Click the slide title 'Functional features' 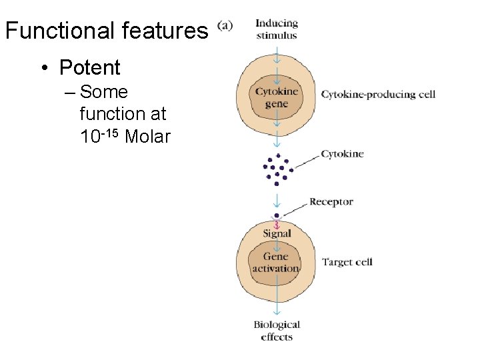pos(106,31)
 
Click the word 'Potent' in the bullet pos(89,67)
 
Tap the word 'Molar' pos(148,137)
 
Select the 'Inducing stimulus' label pos(276,29)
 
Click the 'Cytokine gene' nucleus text pos(276,97)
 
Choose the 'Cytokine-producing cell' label pos(378,94)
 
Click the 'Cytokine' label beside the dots pos(342,154)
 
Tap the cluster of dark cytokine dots pos(277,169)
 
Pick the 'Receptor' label pos(331,201)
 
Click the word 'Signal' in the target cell pos(277,233)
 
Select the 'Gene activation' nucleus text pos(275,262)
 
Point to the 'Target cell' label pos(347,262)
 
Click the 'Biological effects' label pos(277,331)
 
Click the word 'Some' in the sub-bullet pos(103,91)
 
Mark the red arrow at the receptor pos(277,224)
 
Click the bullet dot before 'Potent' pos(42,68)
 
